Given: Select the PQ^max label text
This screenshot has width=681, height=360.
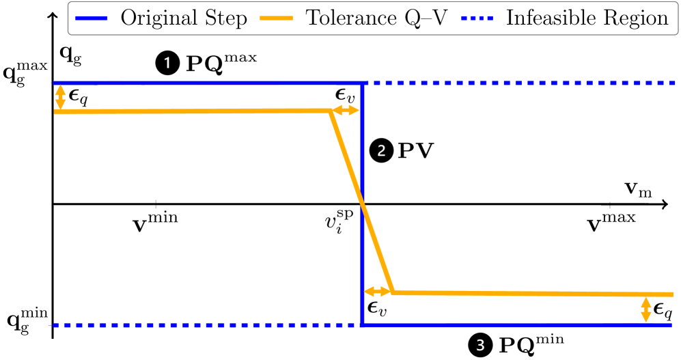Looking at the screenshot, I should pyautogui.click(x=222, y=63).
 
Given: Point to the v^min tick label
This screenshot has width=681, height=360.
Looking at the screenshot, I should pyautogui.click(x=158, y=222).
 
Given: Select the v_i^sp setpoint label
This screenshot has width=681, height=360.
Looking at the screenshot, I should pyautogui.click(x=340, y=223).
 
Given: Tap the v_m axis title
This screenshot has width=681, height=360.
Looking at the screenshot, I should pyautogui.click(x=637, y=189).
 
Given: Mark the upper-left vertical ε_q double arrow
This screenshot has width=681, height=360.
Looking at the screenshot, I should pyautogui.click(x=61, y=98).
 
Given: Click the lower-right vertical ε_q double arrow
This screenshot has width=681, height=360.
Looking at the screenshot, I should pyautogui.click(x=645, y=309).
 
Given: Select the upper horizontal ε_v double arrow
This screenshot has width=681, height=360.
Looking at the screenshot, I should pyautogui.click(x=346, y=111).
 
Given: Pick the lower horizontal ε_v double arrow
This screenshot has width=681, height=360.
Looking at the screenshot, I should pyautogui.click(x=376, y=292).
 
